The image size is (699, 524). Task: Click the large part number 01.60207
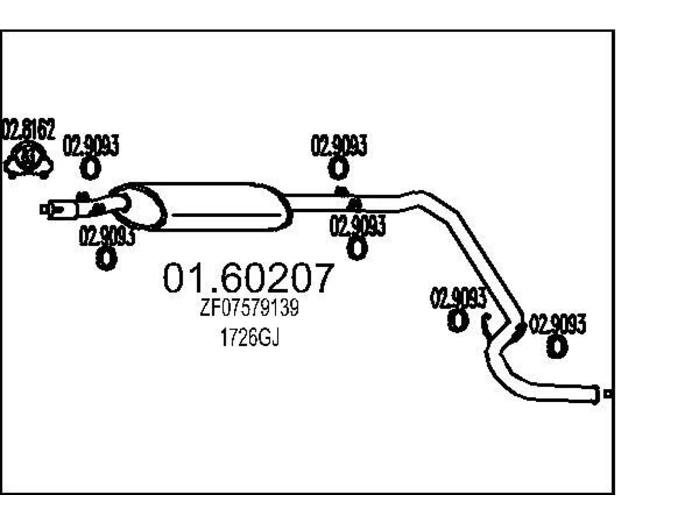point(248,277)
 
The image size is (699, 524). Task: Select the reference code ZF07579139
point(249,307)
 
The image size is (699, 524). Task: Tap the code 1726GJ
point(250,337)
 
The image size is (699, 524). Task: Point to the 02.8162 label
point(28,129)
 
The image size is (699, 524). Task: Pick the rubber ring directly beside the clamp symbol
point(91,169)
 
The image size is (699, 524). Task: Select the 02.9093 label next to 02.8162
point(91,145)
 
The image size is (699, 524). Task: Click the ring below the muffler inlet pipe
point(106,258)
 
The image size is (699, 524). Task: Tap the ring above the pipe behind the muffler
point(339,168)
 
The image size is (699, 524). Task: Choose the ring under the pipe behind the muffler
point(357,248)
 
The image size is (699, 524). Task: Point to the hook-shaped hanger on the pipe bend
point(486,325)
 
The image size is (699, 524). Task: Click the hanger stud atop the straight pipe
point(341,192)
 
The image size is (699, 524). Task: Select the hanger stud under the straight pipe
point(355,205)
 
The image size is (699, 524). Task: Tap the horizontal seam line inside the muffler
point(227,215)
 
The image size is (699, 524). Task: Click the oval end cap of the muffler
point(139,207)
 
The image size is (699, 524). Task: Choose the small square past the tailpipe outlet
point(608,395)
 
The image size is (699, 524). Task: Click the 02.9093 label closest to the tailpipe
point(558,324)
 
